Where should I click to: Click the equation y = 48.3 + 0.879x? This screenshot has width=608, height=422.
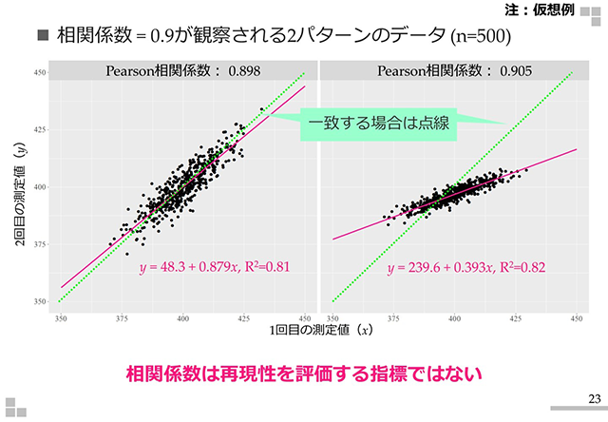(193, 269)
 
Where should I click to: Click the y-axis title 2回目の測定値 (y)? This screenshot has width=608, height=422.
(20, 190)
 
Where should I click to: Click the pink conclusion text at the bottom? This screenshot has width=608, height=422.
(304, 374)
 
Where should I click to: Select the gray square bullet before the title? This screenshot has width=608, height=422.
(42, 37)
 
